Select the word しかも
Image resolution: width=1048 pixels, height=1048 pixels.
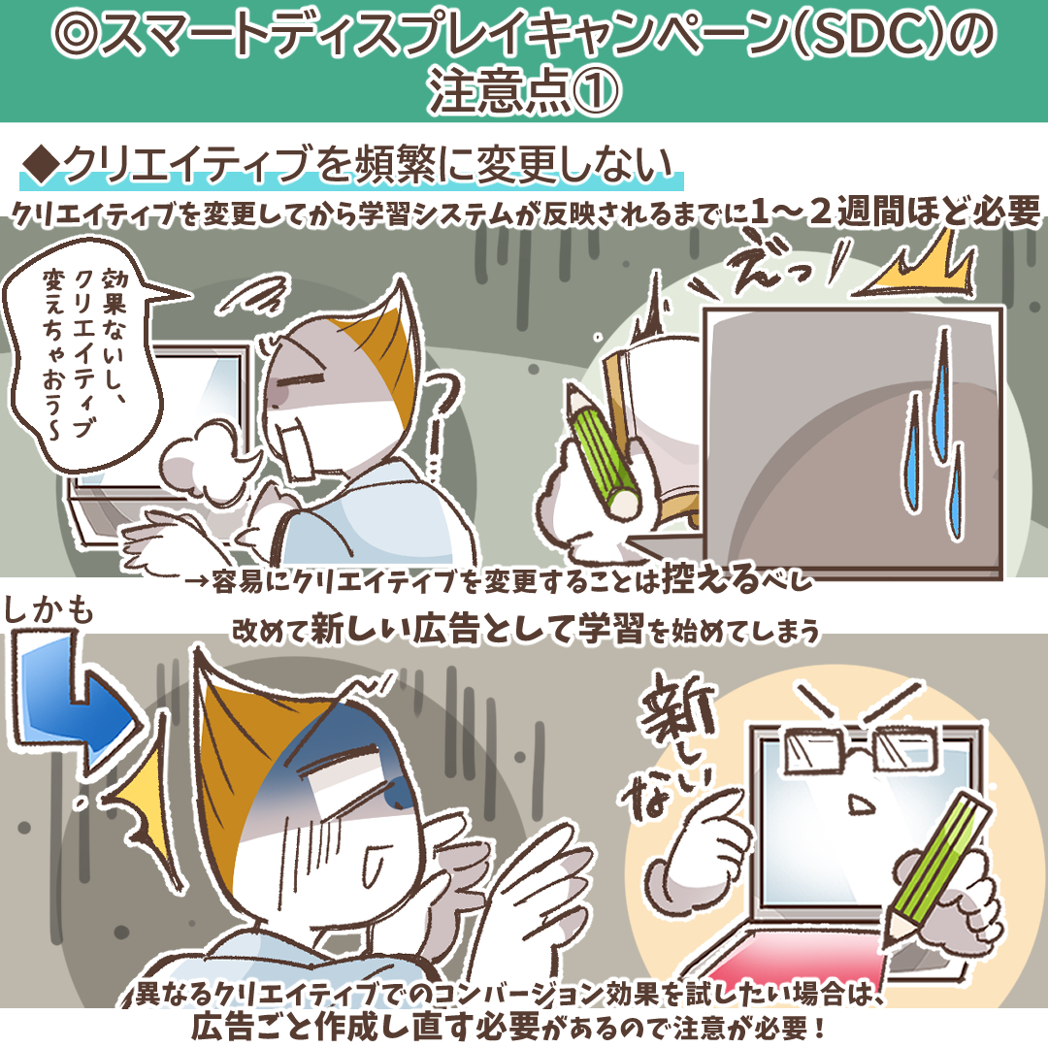coord(49,611)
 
